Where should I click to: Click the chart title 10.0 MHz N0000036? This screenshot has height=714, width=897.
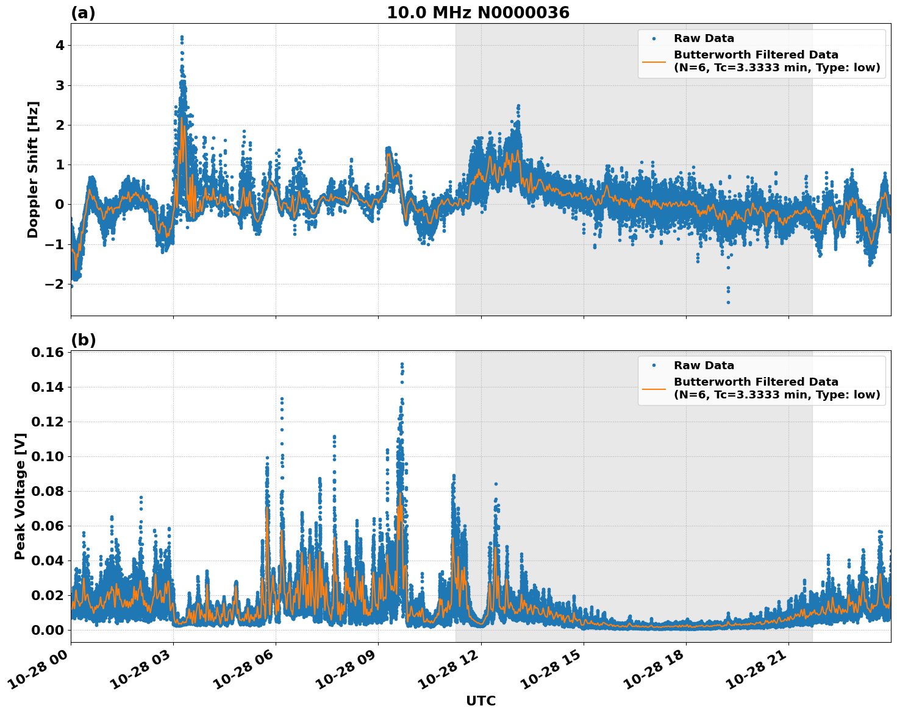[x=478, y=13]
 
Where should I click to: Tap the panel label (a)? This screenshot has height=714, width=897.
[x=83, y=13]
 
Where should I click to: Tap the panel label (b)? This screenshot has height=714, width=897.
[x=83, y=340]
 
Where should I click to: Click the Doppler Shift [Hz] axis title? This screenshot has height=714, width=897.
[x=33, y=169]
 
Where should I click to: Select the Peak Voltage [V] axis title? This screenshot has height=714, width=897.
[x=20, y=496]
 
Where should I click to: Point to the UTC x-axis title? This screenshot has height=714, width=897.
[x=481, y=701]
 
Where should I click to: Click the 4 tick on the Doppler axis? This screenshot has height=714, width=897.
[x=60, y=46]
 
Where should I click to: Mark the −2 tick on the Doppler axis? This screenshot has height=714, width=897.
[x=55, y=285]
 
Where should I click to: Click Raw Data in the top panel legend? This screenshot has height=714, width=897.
[x=704, y=38]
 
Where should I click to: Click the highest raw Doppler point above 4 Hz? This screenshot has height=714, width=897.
[x=182, y=37]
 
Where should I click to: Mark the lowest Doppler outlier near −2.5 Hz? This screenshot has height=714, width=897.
[x=728, y=302]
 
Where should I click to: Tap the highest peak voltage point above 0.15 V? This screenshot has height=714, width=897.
[x=402, y=364]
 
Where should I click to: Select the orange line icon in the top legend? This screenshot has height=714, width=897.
[x=654, y=62]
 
